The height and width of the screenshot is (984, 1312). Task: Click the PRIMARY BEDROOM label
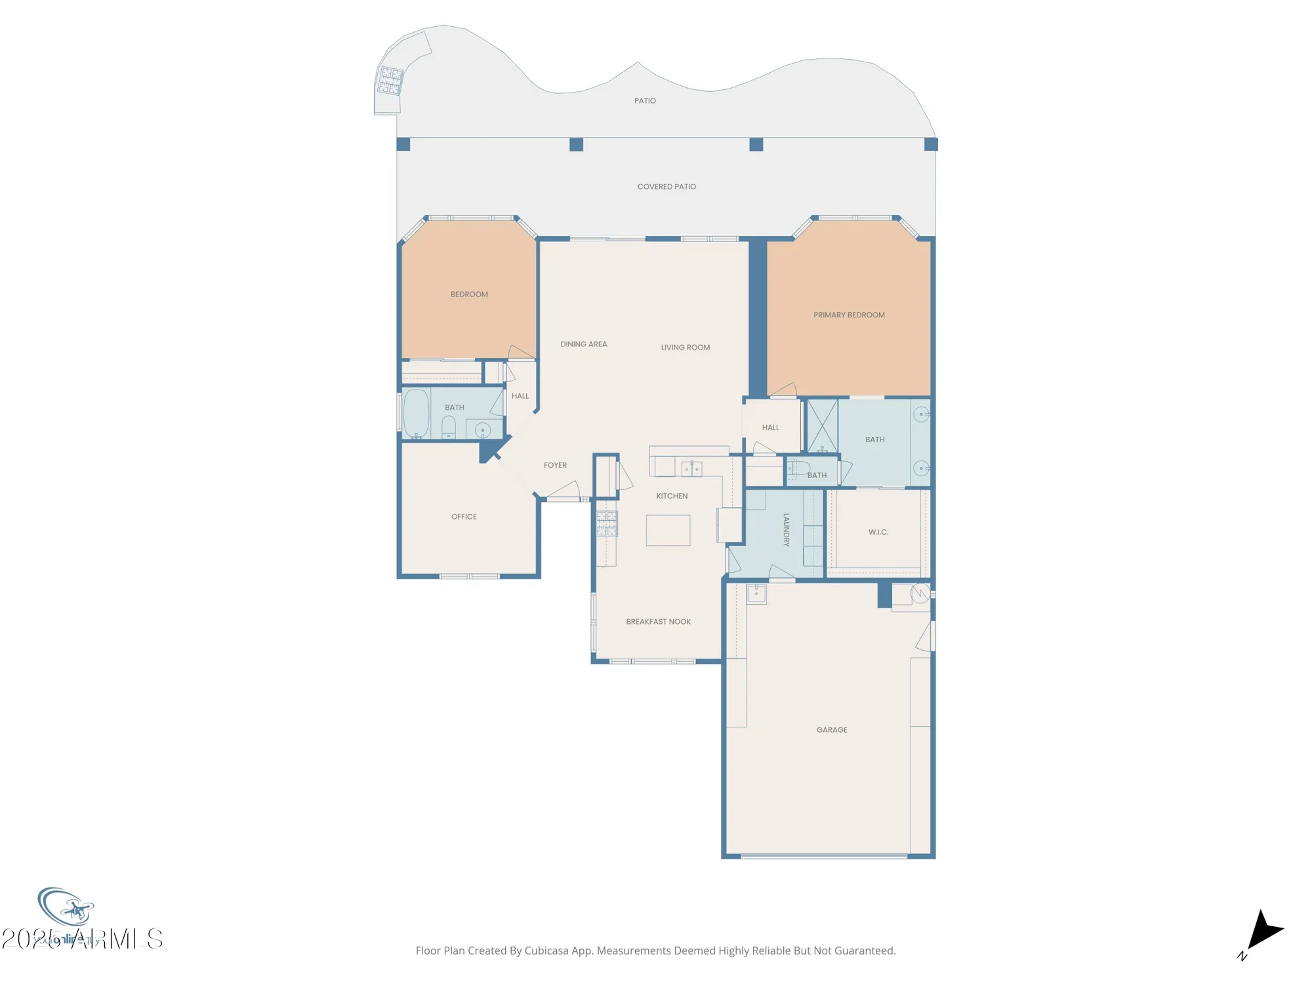(x=849, y=315)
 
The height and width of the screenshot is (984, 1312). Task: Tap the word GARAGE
(x=832, y=729)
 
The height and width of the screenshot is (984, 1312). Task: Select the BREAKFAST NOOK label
(x=658, y=621)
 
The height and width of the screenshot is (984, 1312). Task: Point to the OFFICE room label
(x=464, y=517)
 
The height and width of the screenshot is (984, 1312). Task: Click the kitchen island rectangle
(x=668, y=530)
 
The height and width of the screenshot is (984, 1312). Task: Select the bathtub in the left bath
(x=416, y=413)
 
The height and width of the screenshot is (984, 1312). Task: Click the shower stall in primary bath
(x=822, y=426)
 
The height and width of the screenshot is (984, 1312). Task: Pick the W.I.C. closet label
(x=878, y=532)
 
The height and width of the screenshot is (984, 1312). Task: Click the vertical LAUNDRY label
(x=786, y=530)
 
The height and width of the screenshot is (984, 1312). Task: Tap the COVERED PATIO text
(x=666, y=187)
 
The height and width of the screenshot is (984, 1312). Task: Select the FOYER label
(x=555, y=465)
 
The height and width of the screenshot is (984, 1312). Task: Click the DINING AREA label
(x=583, y=344)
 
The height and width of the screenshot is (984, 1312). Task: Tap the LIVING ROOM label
(x=685, y=348)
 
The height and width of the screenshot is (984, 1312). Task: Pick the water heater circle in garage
(x=920, y=593)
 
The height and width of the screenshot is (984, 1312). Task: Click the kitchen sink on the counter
(x=691, y=468)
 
